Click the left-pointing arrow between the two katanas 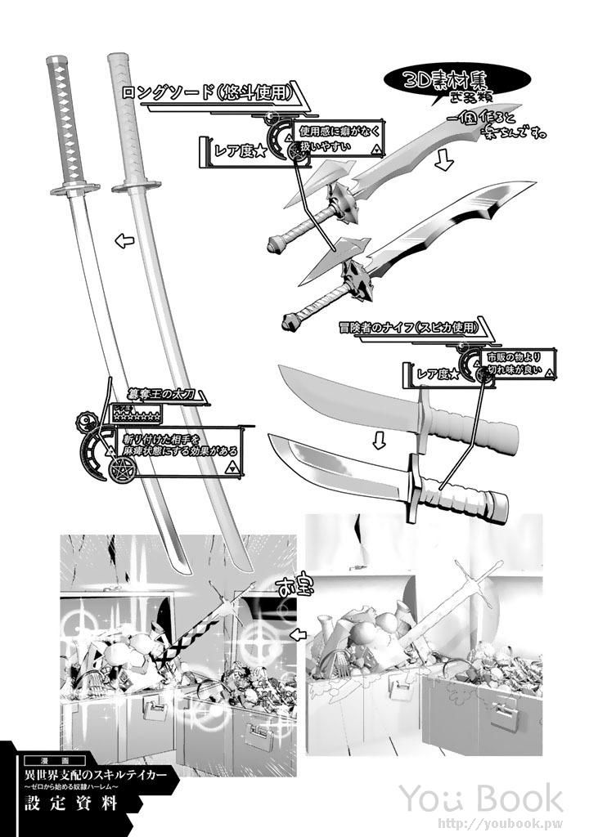pos(124,240)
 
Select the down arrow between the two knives pos(379,441)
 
